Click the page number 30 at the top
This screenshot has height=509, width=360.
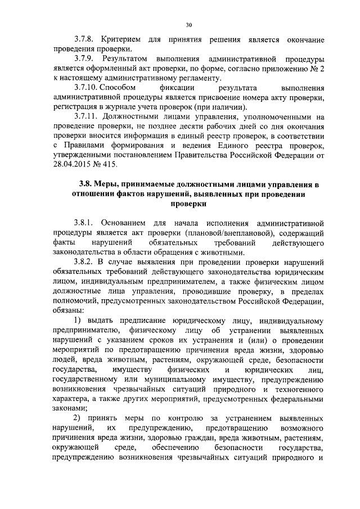click(x=188, y=24)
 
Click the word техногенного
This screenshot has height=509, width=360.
click(x=299, y=389)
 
